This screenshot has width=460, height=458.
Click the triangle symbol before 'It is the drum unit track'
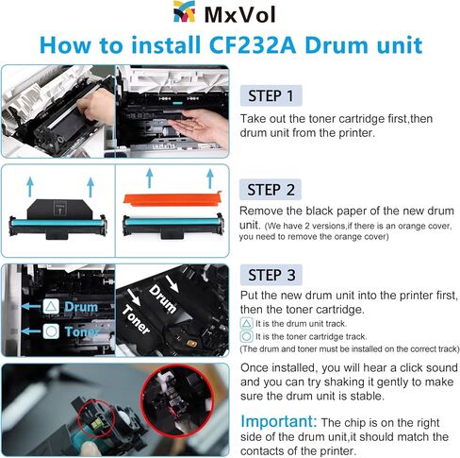(x=245, y=323)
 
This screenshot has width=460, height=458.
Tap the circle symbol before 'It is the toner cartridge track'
(x=245, y=335)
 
